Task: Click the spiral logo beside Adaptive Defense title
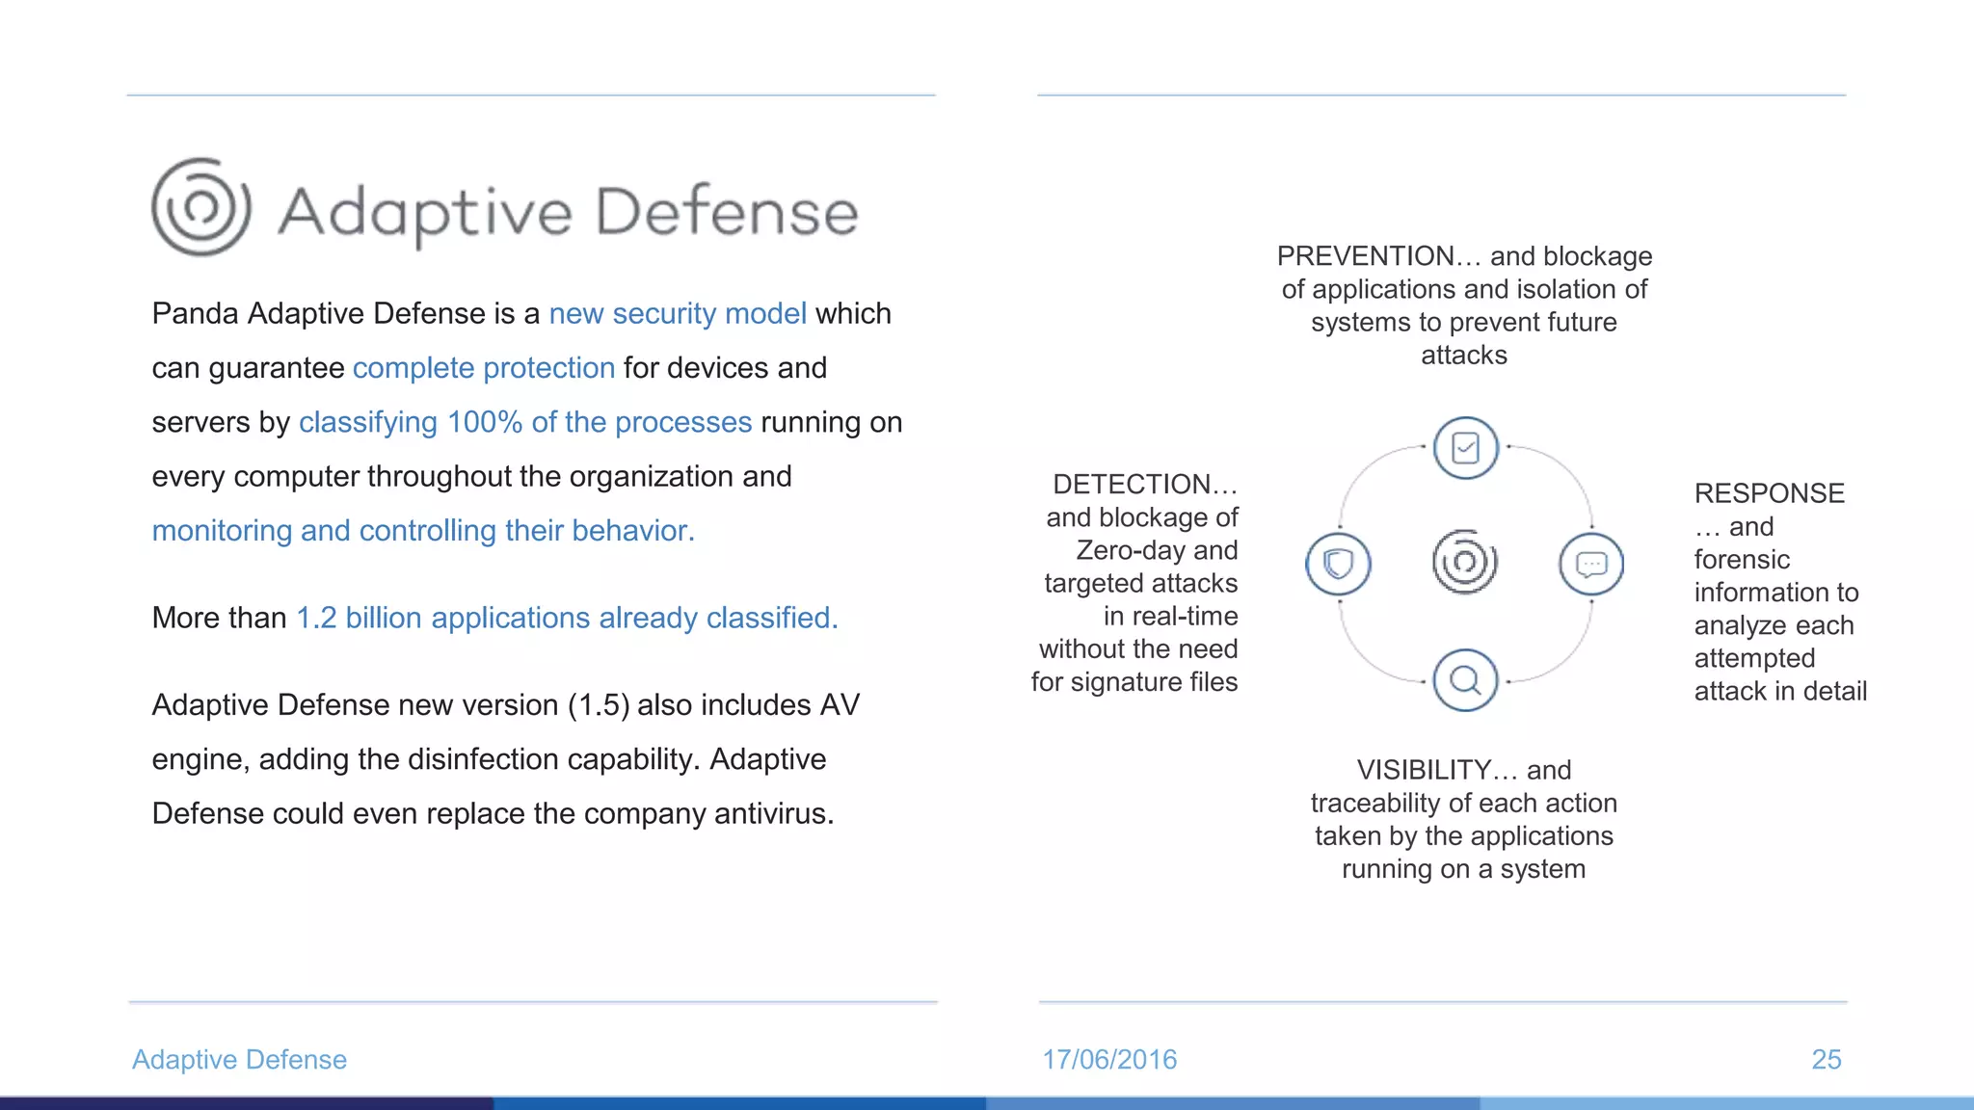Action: [x=201, y=207]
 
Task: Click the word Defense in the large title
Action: [x=727, y=212]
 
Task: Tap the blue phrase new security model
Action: [x=678, y=314]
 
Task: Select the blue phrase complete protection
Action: [x=484, y=368]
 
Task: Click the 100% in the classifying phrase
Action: [x=484, y=422]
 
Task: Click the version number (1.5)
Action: [x=598, y=705]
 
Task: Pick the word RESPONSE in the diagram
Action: [x=1769, y=493]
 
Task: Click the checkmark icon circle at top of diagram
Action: [x=1465, y=448]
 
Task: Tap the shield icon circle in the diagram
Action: [x=1338, y=564]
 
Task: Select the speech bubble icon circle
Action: [x=1591, y=564]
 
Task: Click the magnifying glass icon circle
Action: [x=1465, y=680]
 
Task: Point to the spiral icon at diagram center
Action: [x=1465, y=562]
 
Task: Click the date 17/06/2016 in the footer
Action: [x=1109, y=1060]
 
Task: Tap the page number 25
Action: [x=1826, y=1060]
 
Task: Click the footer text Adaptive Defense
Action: [x=239, y=1060]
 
